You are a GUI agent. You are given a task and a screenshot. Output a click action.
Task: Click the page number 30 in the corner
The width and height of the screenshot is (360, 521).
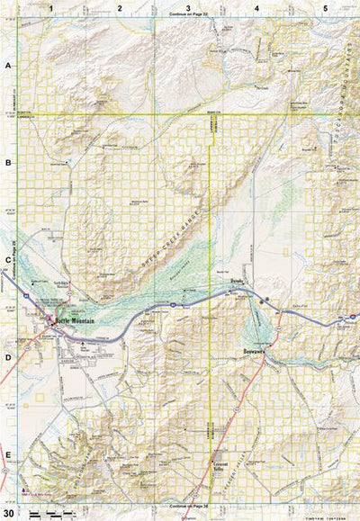click(x=8, y=511)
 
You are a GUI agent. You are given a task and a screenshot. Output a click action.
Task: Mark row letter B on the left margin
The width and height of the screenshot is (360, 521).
click(x=8, y=164)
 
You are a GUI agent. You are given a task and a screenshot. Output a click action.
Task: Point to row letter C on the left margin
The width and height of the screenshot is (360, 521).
click(x=8, y=261)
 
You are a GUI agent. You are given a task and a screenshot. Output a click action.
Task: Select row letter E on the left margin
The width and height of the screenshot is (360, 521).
click(x=8, y=454)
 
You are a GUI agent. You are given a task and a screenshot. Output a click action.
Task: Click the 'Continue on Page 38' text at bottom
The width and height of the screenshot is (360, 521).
click(x=188, y=507)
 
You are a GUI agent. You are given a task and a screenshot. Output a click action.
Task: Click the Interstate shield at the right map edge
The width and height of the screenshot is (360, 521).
click(x=354, y=318)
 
